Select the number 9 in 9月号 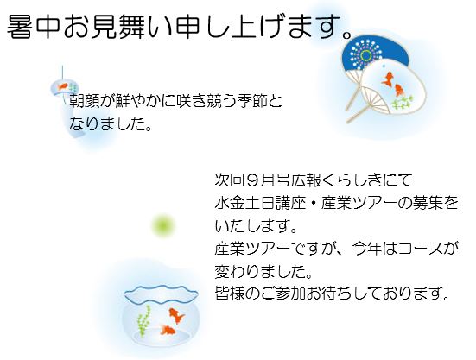click(252, 180)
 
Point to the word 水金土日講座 click(260, 203)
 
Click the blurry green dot click(163, 225)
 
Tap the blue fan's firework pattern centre click(366, 55)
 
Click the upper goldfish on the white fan click(387, 79)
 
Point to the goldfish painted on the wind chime click(63, 86)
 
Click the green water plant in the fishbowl click(143, 321)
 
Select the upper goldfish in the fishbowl click(176, 315)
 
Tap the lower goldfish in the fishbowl click(168, 330)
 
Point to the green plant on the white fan click(403, 103)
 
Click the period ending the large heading click(346, 34)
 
